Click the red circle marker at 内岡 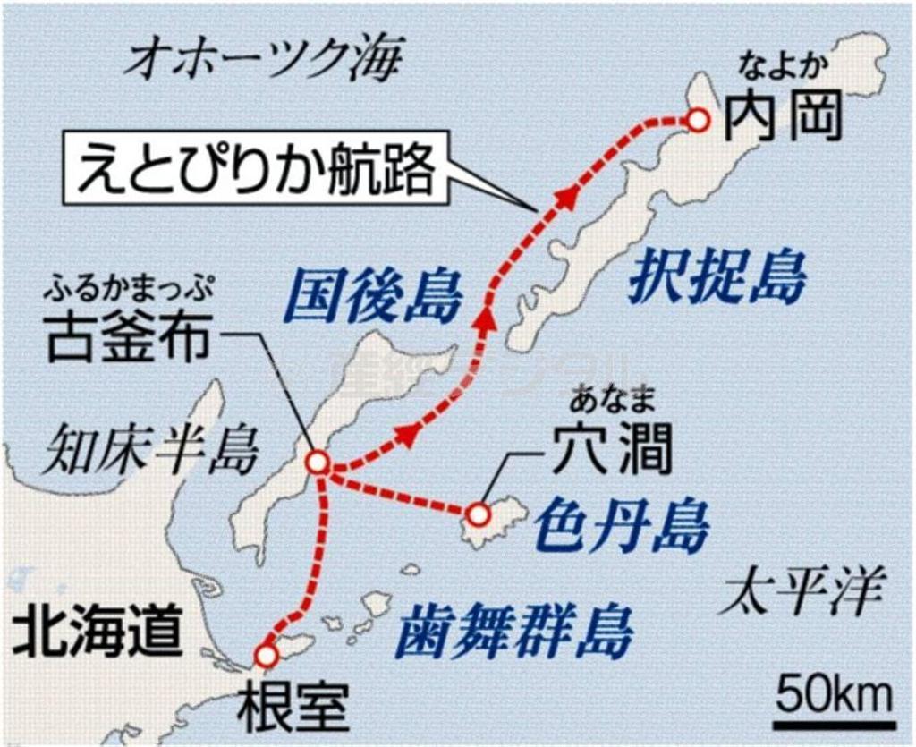696,119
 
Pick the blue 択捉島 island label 717,276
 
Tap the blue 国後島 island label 372,296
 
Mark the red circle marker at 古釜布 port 318,463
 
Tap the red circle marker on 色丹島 479,514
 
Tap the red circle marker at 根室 266,656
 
